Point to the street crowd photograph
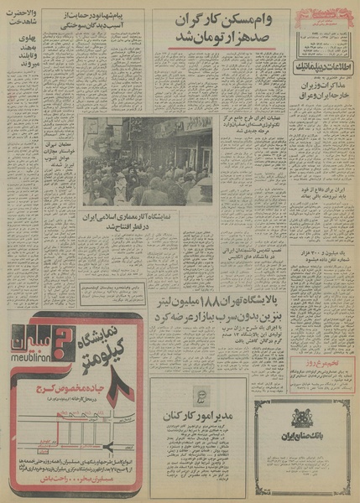pos(147,161)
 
